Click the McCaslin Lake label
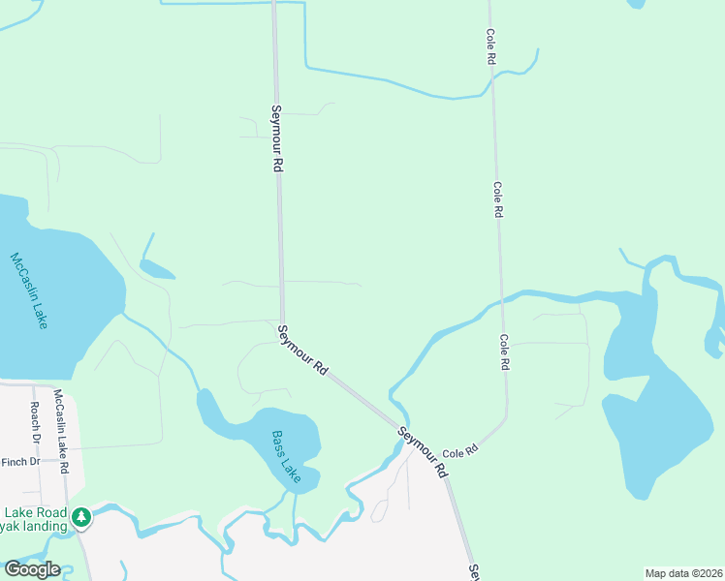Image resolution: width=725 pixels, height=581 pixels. coord(28,290)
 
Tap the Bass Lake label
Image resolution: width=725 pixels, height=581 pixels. coord(286,457)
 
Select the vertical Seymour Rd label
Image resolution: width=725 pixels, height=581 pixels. coord(276,138)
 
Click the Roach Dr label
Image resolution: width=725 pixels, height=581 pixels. coord(35,423)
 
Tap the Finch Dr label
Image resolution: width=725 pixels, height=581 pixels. coord(20,462)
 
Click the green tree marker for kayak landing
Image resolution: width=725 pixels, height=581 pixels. coord(83,517)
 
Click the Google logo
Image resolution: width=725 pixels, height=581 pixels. coord(31,569)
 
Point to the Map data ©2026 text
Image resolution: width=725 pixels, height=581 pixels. coord(682,573)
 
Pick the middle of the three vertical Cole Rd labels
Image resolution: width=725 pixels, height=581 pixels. coord(498,199)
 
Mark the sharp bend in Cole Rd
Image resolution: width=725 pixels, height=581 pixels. coord(504,420)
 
